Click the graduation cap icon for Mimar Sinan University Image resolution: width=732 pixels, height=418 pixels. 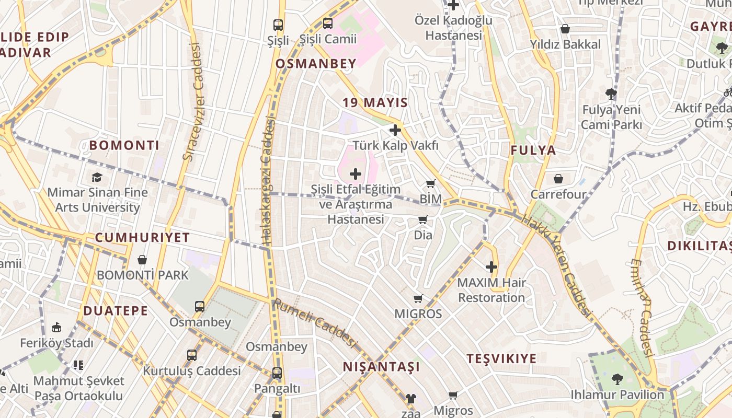click(x=97, y=177)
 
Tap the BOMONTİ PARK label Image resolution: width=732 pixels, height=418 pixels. click(x=142, y=275)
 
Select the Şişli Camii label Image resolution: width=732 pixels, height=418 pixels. click(x=328, y=39)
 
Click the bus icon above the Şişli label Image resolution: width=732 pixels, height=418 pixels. click(x=278, y=25)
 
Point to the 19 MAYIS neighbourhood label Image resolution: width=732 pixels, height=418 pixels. click(x=375, y=102)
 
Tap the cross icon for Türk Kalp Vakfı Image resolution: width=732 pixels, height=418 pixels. click(x=395, y=130)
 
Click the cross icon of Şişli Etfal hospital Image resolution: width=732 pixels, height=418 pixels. click(x=356, y=173)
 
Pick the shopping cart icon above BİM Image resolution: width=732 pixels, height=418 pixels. click(x=430, y=183)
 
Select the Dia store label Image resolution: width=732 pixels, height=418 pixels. click(x=423, y=235)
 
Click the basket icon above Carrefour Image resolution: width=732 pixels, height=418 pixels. click(x=558, y=179)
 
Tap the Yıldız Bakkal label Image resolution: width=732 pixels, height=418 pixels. click(x=565, y=45)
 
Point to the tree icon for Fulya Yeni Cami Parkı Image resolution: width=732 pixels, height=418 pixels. click(x=611, y=94)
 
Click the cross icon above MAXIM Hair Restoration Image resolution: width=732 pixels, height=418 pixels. click(x=491, y=267)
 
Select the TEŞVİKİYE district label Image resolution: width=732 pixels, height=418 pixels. click(x=501, y=358)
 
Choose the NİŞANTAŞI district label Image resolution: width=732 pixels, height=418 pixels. click(x=381, y=367)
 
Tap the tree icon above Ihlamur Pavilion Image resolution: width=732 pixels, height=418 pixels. click(x=617, y=379)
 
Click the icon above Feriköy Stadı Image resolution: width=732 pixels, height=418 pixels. click(x=56, y=328)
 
